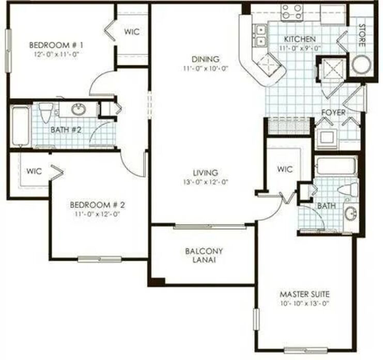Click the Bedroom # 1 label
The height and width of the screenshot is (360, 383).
(x=56, y=45)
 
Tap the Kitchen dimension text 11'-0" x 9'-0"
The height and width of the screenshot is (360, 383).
(x=300, y=48)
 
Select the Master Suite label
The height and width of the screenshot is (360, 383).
(x=304, y=294)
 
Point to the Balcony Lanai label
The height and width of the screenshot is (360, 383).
(x=204, y=255)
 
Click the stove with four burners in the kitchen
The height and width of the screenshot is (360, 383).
(x=292, y=12)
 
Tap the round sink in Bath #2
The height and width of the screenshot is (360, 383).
(x=79, y=109)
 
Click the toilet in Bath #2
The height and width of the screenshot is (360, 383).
(x=46, y=112)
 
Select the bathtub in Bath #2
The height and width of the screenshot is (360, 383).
(x=21, y=126)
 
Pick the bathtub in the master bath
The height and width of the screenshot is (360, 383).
(x=336, y=166)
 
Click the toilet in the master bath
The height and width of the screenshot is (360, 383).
(x=348, y=189)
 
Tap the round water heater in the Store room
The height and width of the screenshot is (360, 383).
(x=361, y=65)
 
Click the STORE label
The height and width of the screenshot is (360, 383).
(x=362, y=36)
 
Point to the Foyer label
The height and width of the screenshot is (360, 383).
(x=333, y=113)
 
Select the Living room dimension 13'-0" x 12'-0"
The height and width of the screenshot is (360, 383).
(x=205, y=182)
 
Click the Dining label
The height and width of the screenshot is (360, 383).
(x=205, y=59)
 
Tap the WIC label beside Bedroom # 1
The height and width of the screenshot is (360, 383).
(x=132, y=32)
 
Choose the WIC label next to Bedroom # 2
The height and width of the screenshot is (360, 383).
(x=34, y=171)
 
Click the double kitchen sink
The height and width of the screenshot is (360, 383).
(x=261, y=35)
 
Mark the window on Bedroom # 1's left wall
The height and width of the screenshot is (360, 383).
(x=9, y=51)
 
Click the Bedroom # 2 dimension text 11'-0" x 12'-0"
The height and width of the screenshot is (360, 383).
(x=97, y=214)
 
